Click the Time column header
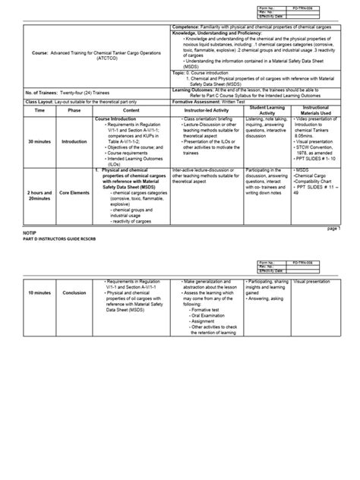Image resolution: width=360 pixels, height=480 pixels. pyautogui.click(x=40, y=111)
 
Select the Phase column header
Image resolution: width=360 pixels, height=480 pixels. pyautogui.click(x=74, y=111)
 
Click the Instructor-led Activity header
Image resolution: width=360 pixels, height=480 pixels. pyautogui.click(x=209, y=111)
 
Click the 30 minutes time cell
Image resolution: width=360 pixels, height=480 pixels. pyautogui.click(x=40, y=141)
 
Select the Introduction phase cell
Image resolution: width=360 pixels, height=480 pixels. pyautogui.click(x=74, y=141)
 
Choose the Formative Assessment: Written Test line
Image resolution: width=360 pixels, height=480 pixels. pyautogui.click(x=211, y=100)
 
